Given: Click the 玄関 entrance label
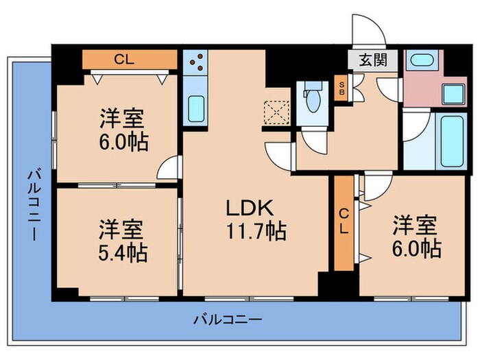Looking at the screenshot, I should point(371,60).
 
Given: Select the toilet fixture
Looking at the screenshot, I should point(313,98).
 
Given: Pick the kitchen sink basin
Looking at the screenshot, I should point(197,108).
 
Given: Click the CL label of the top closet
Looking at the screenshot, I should point(124,59).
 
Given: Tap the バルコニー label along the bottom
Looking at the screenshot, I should point(227,319).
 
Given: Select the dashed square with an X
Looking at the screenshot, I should point(277,109).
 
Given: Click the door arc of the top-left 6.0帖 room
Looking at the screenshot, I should point(170,167).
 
